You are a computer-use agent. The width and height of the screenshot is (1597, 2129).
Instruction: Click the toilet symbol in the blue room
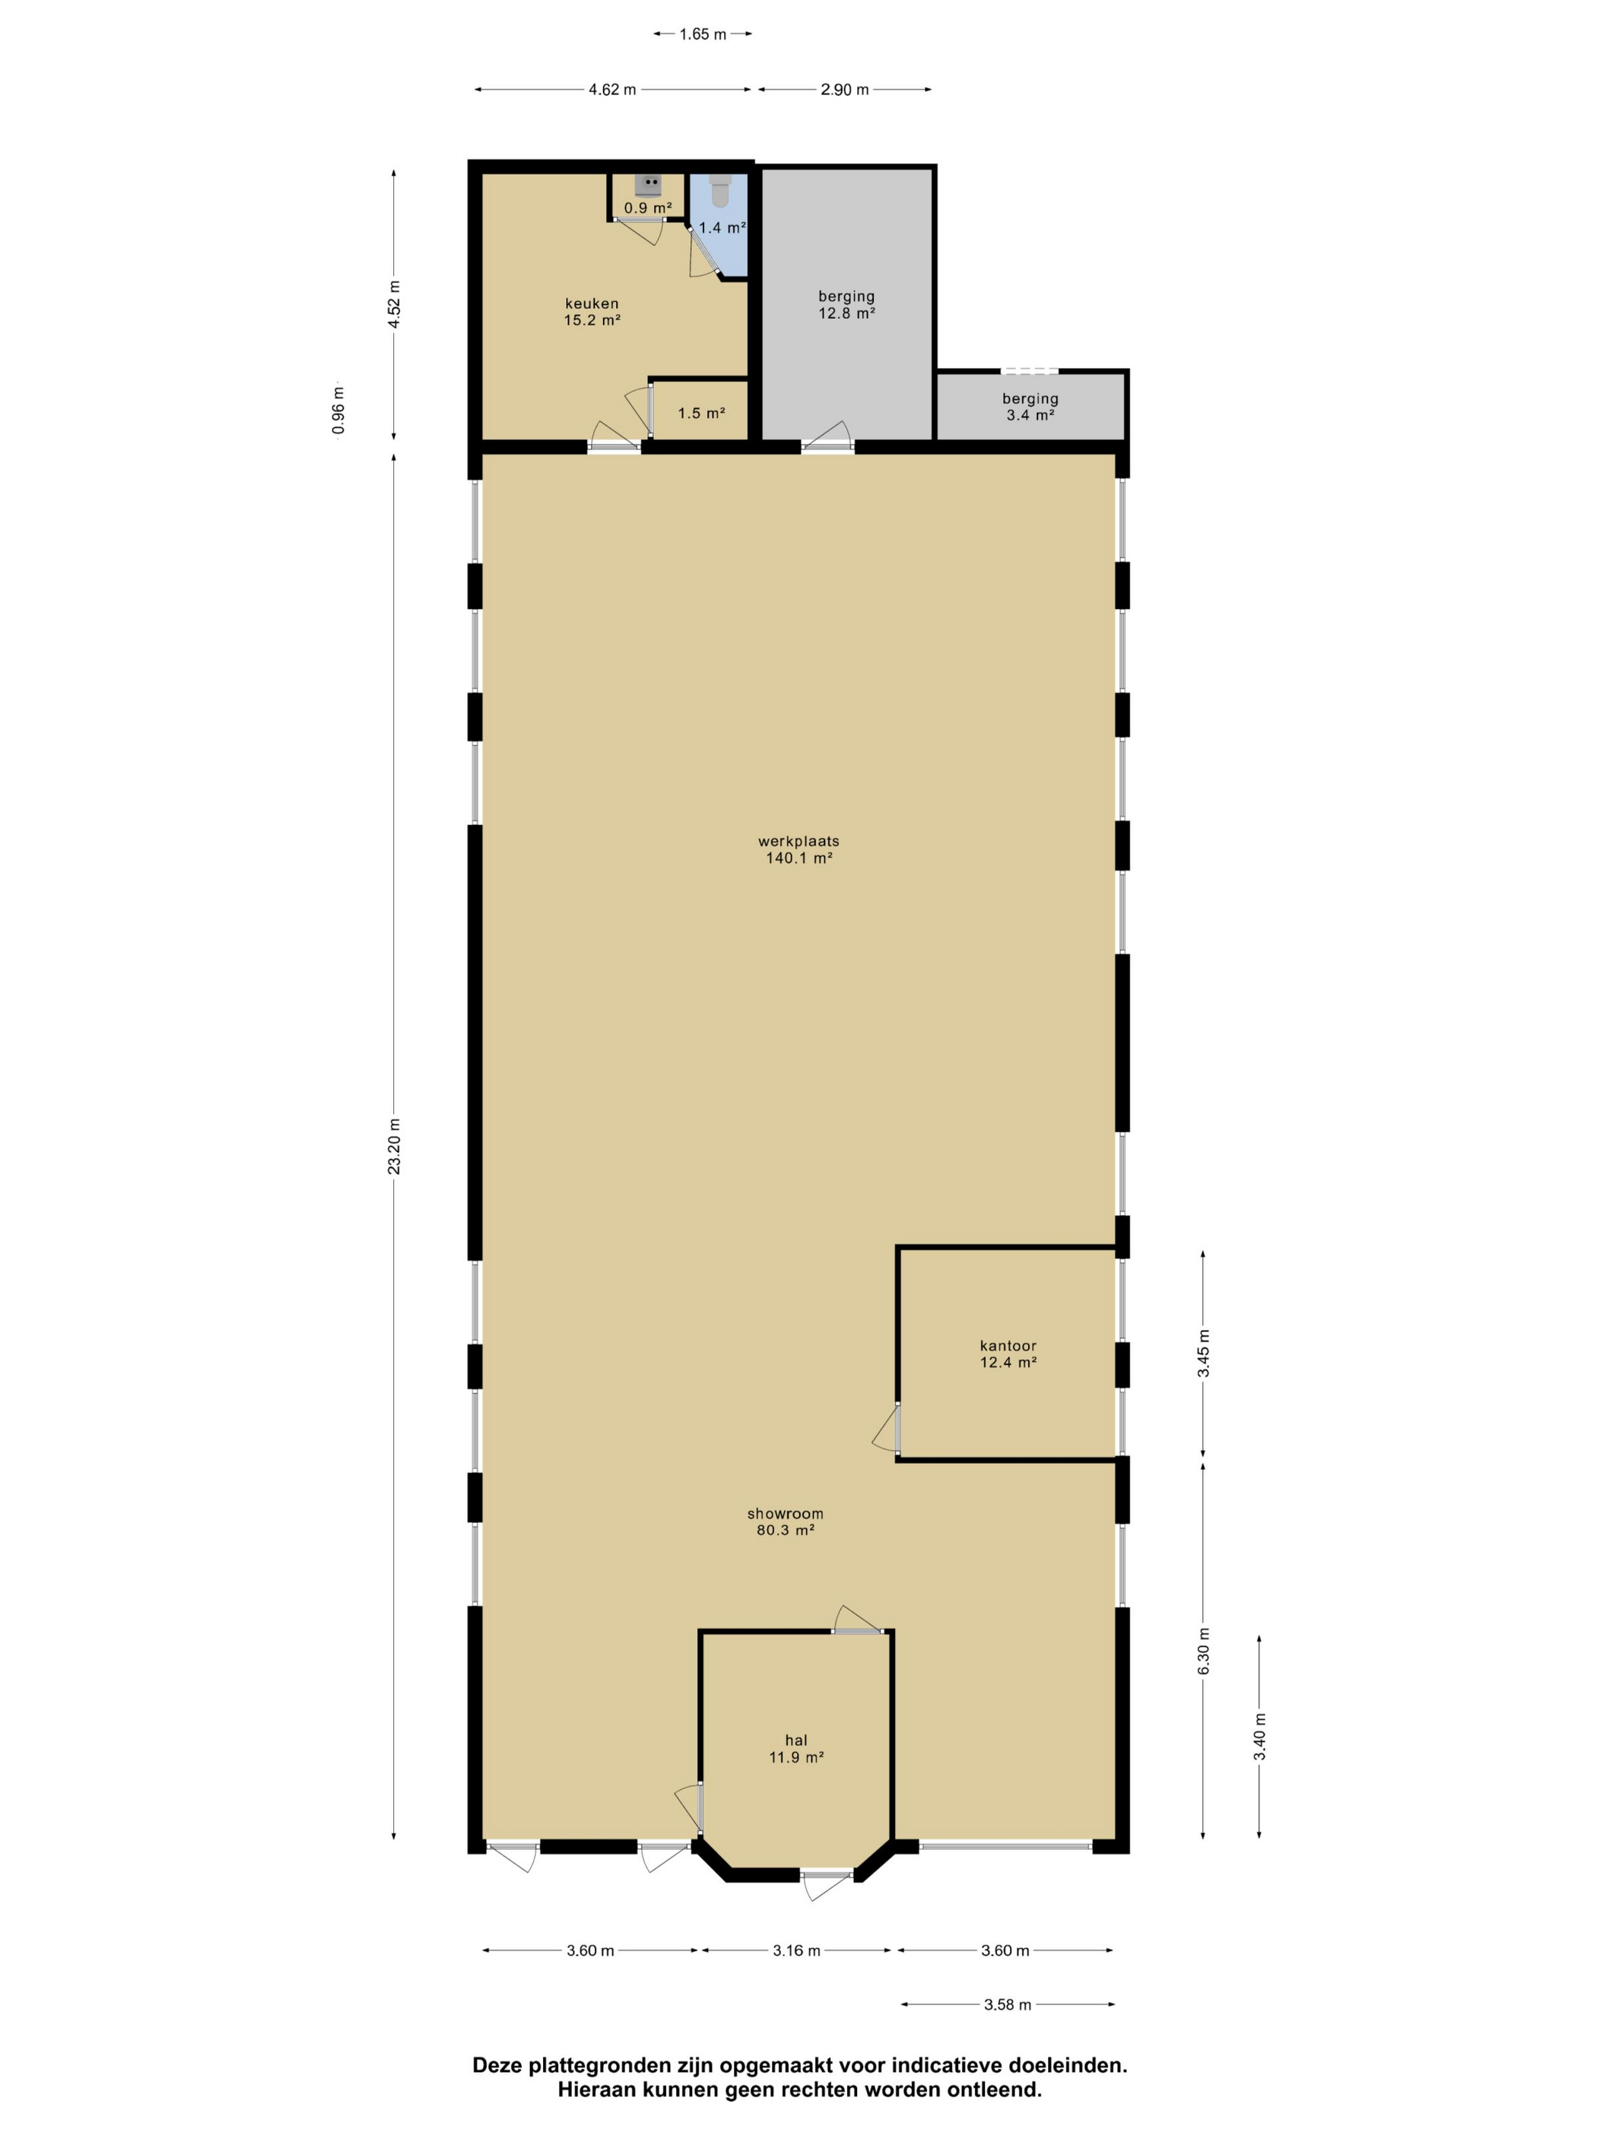[x=719, y=191]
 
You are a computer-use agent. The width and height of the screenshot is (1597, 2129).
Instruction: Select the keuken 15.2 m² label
[x=591, y=312]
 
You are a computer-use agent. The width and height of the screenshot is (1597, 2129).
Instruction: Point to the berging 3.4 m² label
[x=1029, y=407]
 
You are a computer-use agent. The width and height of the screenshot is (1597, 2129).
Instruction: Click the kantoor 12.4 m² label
[x=1007, y=1354]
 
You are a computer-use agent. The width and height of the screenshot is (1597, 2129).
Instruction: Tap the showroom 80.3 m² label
[x=785, y=1521]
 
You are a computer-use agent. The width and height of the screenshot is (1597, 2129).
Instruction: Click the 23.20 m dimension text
[x=394, y=1145]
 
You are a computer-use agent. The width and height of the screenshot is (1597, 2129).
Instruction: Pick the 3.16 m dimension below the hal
[x=796, y=1951]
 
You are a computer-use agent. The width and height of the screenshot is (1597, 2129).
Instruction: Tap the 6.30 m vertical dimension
[x=1203, y=1651]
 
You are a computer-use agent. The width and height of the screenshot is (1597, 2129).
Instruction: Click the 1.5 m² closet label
[x=701, y=414]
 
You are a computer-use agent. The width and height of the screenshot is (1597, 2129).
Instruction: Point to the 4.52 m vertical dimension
[x=394, y=304]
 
